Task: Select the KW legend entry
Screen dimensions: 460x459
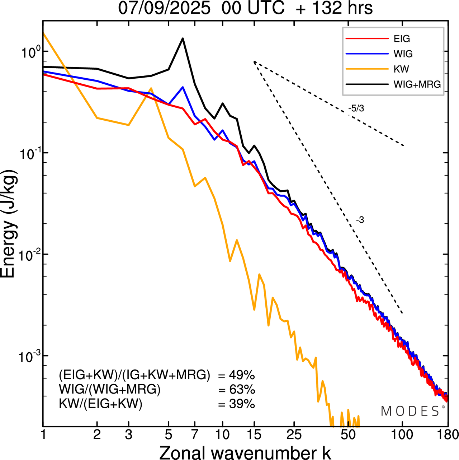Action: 401,69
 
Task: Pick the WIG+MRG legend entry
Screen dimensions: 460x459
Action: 417,84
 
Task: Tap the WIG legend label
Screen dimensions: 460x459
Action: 403,54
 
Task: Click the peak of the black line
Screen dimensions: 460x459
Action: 183,38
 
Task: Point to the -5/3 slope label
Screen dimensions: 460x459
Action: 356,108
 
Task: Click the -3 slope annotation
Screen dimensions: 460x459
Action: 360,220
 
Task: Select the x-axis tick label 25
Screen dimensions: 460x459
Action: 294,435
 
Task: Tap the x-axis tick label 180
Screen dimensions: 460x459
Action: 448,435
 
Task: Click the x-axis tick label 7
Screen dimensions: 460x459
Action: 195,435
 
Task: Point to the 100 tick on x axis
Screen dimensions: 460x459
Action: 402,435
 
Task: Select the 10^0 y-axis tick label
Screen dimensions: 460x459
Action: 29,52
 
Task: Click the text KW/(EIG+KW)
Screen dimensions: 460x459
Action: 101,404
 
